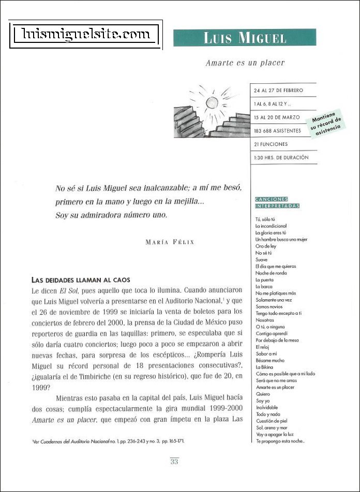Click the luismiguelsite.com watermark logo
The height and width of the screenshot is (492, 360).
click(x=86, y=35)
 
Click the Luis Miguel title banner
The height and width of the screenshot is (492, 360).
click(x=244, y=38)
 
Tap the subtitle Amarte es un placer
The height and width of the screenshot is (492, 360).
click(x=245, y=63)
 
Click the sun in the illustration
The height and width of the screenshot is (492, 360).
click(x=213, y=102)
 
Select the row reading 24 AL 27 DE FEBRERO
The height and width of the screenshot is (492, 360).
click(x=278, y=90)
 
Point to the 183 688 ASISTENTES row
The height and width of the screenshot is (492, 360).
click(x=278, y=131)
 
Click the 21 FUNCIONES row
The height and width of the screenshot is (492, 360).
click(x=271, y=144)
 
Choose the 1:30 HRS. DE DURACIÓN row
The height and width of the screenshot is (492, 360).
click(x=281, y=158)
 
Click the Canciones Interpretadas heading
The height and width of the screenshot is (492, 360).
click(x=278, y=203)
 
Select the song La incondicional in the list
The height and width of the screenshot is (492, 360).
click(x=271, y=226)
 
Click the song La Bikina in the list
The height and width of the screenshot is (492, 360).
click(x=264, y=366)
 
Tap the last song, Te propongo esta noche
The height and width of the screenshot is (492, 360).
click(x=280, y=441)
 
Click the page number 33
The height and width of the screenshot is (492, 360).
click(x=174, y=462)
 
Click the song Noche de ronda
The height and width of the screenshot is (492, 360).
click(x=271, y=273)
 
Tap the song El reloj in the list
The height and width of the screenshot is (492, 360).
click(x=263, y=347)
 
